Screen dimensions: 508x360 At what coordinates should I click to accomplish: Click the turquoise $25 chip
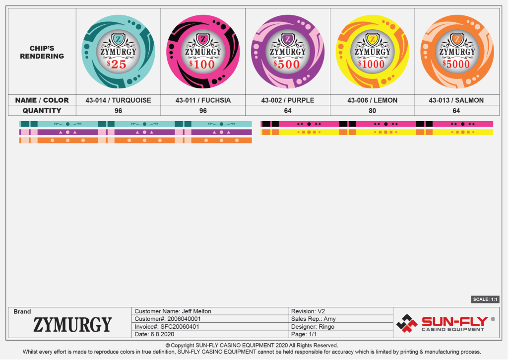118,52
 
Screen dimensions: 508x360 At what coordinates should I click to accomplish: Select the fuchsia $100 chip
203,52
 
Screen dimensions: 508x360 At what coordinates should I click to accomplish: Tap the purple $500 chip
288,52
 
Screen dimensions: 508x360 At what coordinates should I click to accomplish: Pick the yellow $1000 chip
373,52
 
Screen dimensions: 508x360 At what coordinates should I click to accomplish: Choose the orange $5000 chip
457,52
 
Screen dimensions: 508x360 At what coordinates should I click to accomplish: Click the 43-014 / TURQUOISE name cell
118,100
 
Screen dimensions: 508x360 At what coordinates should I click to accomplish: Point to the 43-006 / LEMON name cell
372,100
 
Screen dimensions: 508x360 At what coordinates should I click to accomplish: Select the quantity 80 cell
372,111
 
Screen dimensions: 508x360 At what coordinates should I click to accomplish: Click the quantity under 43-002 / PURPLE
288,111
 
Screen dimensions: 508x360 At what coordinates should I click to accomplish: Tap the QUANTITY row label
42,111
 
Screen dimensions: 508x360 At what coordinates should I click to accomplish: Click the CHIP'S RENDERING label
42,52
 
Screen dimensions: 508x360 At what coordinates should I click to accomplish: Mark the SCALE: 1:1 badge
485,299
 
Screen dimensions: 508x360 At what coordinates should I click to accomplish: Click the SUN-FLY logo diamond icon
407,323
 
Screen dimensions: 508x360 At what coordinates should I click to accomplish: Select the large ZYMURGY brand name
72,325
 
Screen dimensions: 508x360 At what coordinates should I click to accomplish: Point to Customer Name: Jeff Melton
173,311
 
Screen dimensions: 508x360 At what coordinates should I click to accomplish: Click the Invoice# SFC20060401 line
167,327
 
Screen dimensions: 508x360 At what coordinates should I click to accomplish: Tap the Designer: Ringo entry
313,327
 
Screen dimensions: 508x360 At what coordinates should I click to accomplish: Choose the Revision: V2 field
308,311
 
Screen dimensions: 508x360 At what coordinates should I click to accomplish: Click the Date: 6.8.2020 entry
154,334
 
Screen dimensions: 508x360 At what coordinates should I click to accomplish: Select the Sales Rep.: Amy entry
314,319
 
